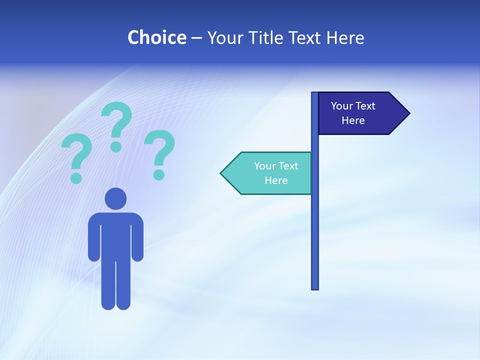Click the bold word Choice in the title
(156, 37)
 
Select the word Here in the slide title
(345, 37)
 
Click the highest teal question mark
(117, 125)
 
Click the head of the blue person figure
(115, 198)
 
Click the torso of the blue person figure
(115, 235)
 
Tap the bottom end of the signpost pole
(314, 287)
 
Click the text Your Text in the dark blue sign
(353, 106)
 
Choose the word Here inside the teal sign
(276, 180)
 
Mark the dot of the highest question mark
(116, 146)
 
